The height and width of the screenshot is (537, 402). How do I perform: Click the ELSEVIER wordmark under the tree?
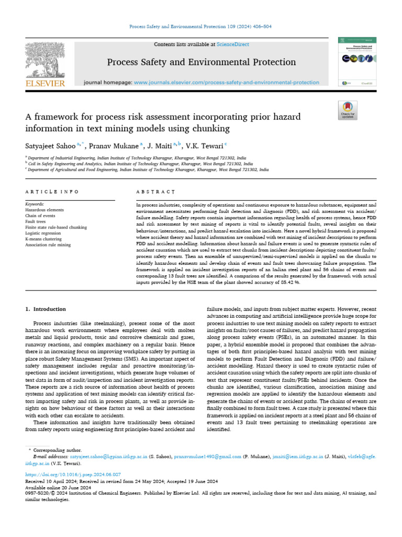pos(45,83)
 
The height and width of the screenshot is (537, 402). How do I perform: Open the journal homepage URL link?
pos(226,82)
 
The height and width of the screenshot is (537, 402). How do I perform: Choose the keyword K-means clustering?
pos(43,239)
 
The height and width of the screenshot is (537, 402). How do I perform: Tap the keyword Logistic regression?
pos(43,233)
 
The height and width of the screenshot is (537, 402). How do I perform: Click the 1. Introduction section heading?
pos(46,309)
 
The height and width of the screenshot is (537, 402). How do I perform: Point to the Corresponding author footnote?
pos(57,450)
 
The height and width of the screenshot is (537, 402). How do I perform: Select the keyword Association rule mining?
pos(48,245)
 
